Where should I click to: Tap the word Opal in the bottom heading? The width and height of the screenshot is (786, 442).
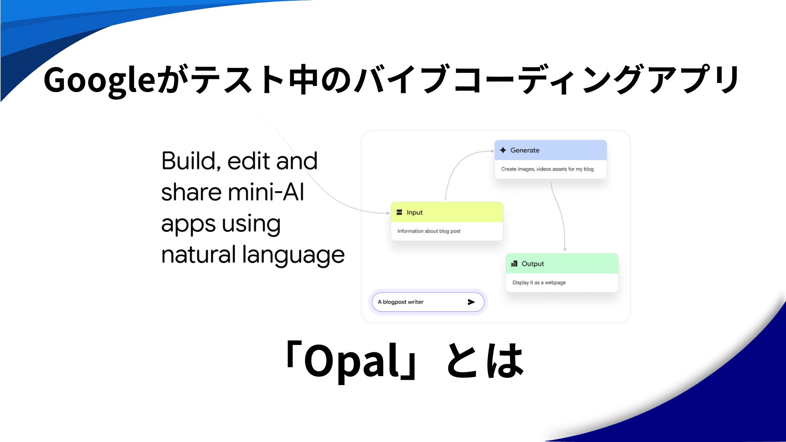point(351,361)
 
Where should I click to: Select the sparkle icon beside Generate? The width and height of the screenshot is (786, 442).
point(503,150)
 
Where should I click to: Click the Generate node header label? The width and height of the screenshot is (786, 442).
point(525,150)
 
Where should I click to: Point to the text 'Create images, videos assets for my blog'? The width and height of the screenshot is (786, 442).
point(547,169)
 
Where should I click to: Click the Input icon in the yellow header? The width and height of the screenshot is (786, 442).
point(400,212)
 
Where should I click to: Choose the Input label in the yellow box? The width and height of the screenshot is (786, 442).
point(415,213)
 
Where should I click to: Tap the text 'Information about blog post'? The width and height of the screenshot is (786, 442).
point(429,231)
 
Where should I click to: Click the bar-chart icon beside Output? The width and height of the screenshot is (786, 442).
point(514,264)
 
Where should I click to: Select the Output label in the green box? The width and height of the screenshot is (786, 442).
point(533,264)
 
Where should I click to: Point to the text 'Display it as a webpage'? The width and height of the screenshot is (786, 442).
point(539,282)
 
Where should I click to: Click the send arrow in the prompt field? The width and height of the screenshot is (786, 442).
point(471,302)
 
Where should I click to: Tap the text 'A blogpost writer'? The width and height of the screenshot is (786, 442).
point(401,302)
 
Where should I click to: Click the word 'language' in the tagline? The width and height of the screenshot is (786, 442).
point(294,255)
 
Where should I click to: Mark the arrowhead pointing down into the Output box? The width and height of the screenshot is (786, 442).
point(565,249)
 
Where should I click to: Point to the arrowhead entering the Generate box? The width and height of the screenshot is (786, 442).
point(492,151)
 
